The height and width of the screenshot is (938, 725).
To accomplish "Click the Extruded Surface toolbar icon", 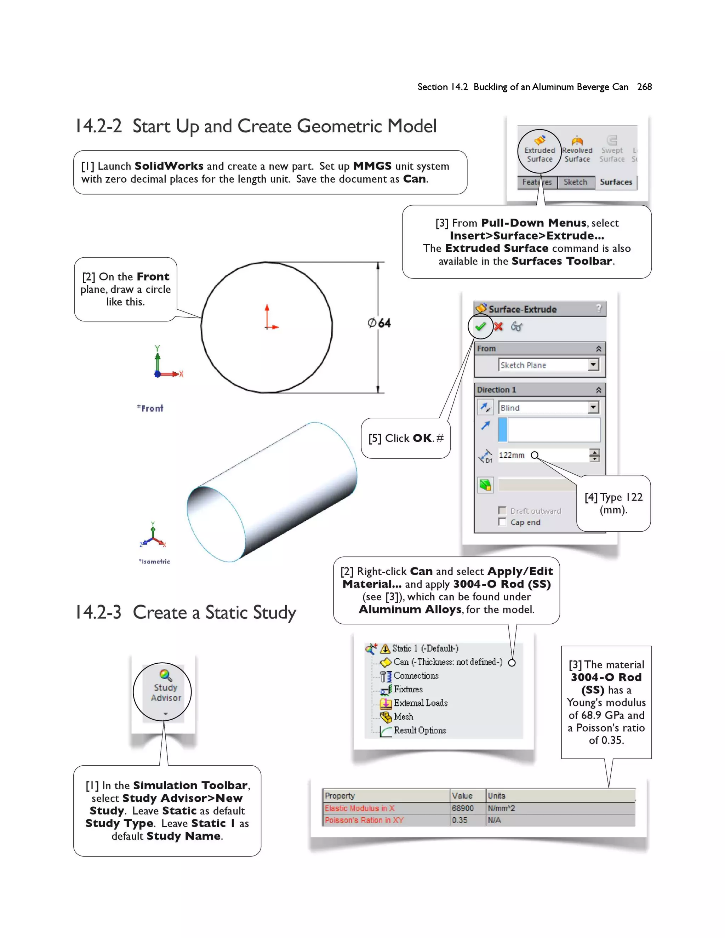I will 540,141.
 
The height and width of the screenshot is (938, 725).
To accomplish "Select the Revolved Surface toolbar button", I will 577,141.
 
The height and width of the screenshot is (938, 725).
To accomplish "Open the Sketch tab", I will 575,182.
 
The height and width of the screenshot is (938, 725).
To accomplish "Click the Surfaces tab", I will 616,182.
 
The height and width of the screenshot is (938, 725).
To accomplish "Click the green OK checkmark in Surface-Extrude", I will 480,326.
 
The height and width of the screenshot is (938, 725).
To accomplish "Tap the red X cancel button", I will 498,326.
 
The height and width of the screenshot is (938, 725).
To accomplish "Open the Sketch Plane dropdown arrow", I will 593,365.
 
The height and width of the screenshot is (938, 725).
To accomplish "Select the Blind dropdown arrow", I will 593,407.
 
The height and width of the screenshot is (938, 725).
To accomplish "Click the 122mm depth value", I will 512,455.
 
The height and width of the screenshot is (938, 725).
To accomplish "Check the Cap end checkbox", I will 502,522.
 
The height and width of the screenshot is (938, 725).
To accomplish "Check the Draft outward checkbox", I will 502,510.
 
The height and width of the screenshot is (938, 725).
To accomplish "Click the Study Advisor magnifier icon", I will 165,675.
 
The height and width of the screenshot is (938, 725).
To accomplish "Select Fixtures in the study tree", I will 408,689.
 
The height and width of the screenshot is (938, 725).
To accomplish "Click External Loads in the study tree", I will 421,703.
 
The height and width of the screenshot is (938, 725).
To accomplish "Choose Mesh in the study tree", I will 403,717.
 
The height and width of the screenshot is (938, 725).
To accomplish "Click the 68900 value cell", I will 463,808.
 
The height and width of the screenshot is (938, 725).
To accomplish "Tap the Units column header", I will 497,796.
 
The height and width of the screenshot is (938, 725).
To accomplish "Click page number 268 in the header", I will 644,87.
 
